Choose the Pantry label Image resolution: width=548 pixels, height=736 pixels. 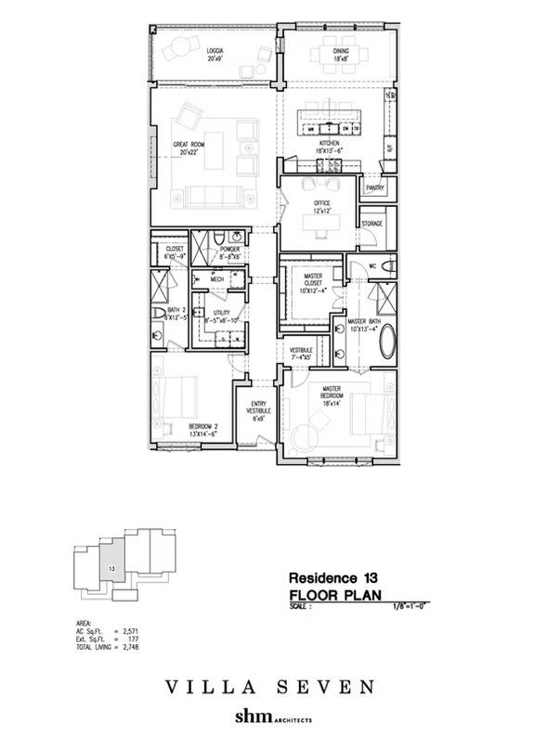tap(375, 187)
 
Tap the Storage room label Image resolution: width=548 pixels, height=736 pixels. tap(372, 224)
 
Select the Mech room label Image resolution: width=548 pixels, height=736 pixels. tap(217, 278)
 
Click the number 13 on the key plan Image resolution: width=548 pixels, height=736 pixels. tap(111, 566)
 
